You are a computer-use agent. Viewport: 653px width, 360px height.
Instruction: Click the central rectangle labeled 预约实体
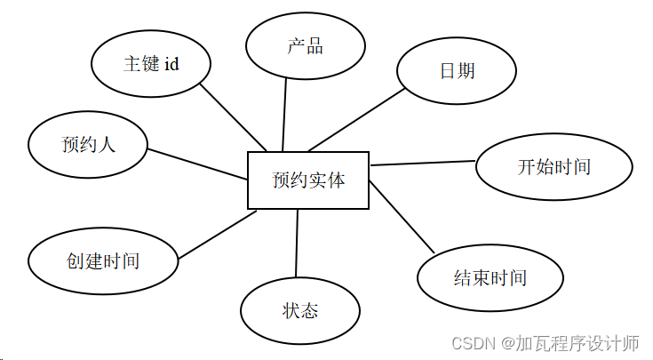(307, 180)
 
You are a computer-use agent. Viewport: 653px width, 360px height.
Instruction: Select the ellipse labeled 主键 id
(151, 64)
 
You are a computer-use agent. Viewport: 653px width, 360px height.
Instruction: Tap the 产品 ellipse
(305, 47)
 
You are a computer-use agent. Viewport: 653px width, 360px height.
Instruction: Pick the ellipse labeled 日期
(456, 70)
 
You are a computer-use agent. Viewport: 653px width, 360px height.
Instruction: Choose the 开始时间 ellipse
(553, 166)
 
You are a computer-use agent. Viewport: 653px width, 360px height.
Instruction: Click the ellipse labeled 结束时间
(490, 277)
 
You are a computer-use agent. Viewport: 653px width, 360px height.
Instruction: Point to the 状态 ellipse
(300, 310)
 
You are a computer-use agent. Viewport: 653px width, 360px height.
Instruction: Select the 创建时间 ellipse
(103, 261)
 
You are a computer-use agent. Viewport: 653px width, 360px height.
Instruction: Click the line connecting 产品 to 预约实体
(284, 114)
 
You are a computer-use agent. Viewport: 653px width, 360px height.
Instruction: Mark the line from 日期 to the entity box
(354, 120)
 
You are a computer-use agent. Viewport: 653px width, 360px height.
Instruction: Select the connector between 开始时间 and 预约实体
(423, 163)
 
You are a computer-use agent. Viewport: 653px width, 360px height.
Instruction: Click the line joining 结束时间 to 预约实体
(401, 218)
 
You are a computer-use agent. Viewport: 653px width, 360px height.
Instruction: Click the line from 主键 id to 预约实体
(235, 117)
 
